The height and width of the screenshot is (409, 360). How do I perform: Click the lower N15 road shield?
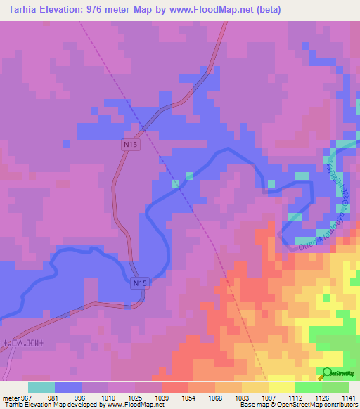coord(140,283)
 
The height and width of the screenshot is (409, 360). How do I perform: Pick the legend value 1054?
coord(188,396)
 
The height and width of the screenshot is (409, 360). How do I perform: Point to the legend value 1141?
coord(349,396)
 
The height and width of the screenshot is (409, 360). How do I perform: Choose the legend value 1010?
coord(108,396)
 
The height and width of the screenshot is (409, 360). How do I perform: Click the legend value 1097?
coord(269,396)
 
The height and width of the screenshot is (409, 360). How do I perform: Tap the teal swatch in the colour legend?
coord(41,387)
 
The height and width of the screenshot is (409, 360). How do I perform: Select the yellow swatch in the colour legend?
coord(282,387)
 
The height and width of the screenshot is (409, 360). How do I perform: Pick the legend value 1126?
coord(322,396)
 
